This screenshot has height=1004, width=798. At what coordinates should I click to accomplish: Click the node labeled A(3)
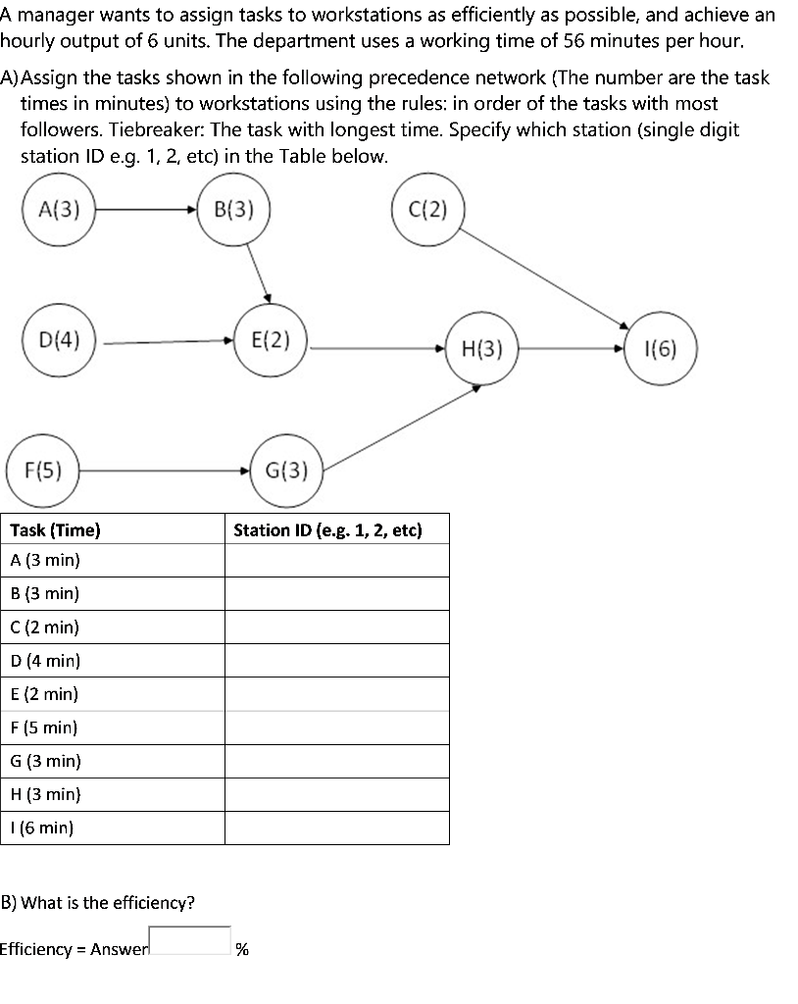pos(59,210)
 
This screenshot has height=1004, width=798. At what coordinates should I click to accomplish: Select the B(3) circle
pos(233,210)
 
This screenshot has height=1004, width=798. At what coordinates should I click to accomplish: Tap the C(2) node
pos(428,210)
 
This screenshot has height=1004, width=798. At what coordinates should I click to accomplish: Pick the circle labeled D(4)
pos(59,341)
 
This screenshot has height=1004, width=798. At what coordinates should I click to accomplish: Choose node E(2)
pos(271,341)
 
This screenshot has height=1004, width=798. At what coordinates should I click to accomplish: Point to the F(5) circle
pos(42,471)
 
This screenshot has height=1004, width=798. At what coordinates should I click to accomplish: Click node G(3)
pos(287,471)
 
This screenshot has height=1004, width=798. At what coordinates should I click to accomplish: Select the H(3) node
pos(481,349)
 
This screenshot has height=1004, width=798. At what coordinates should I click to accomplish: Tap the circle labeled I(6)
pos(661,349)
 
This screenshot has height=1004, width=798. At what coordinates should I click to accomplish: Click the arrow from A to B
pos(145,210)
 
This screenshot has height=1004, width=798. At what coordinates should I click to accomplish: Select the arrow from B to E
pos(259,275)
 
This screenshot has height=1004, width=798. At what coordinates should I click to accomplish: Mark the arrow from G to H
pos(402,427)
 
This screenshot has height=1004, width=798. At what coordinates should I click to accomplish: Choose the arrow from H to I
pos(571,349)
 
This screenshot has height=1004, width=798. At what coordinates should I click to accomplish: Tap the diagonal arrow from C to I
pos(545,278)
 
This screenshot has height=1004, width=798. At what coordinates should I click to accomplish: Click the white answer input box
pos(190,940)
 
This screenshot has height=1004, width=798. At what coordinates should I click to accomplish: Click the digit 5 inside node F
pos(45,472)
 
